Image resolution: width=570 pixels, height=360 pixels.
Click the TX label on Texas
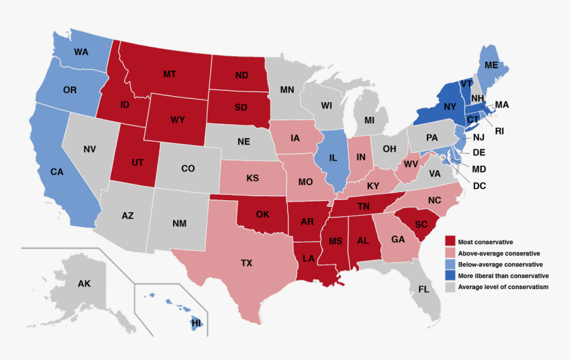(x=247, y=263)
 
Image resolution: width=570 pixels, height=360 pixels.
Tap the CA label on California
(x=58, y=172)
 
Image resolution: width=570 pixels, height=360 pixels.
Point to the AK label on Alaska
(x=84, y=284)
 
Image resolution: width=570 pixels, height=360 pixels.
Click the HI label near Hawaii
(x=196, y=323)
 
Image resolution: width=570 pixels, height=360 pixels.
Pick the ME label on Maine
(x=491, y=66)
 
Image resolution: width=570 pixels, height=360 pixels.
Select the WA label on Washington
(x=81, y=52)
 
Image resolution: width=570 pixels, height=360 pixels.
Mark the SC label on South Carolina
(x=422, y=225)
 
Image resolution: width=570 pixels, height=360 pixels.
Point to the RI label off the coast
(x=499, y=131)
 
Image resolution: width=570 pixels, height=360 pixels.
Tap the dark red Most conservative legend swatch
(x=450, y=242)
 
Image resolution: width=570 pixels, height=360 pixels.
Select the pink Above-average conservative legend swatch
(x=450, y=253)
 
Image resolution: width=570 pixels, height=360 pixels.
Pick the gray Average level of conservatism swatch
(x=450, y=287)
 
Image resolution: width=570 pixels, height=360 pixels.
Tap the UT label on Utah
(x=137, y=162)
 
